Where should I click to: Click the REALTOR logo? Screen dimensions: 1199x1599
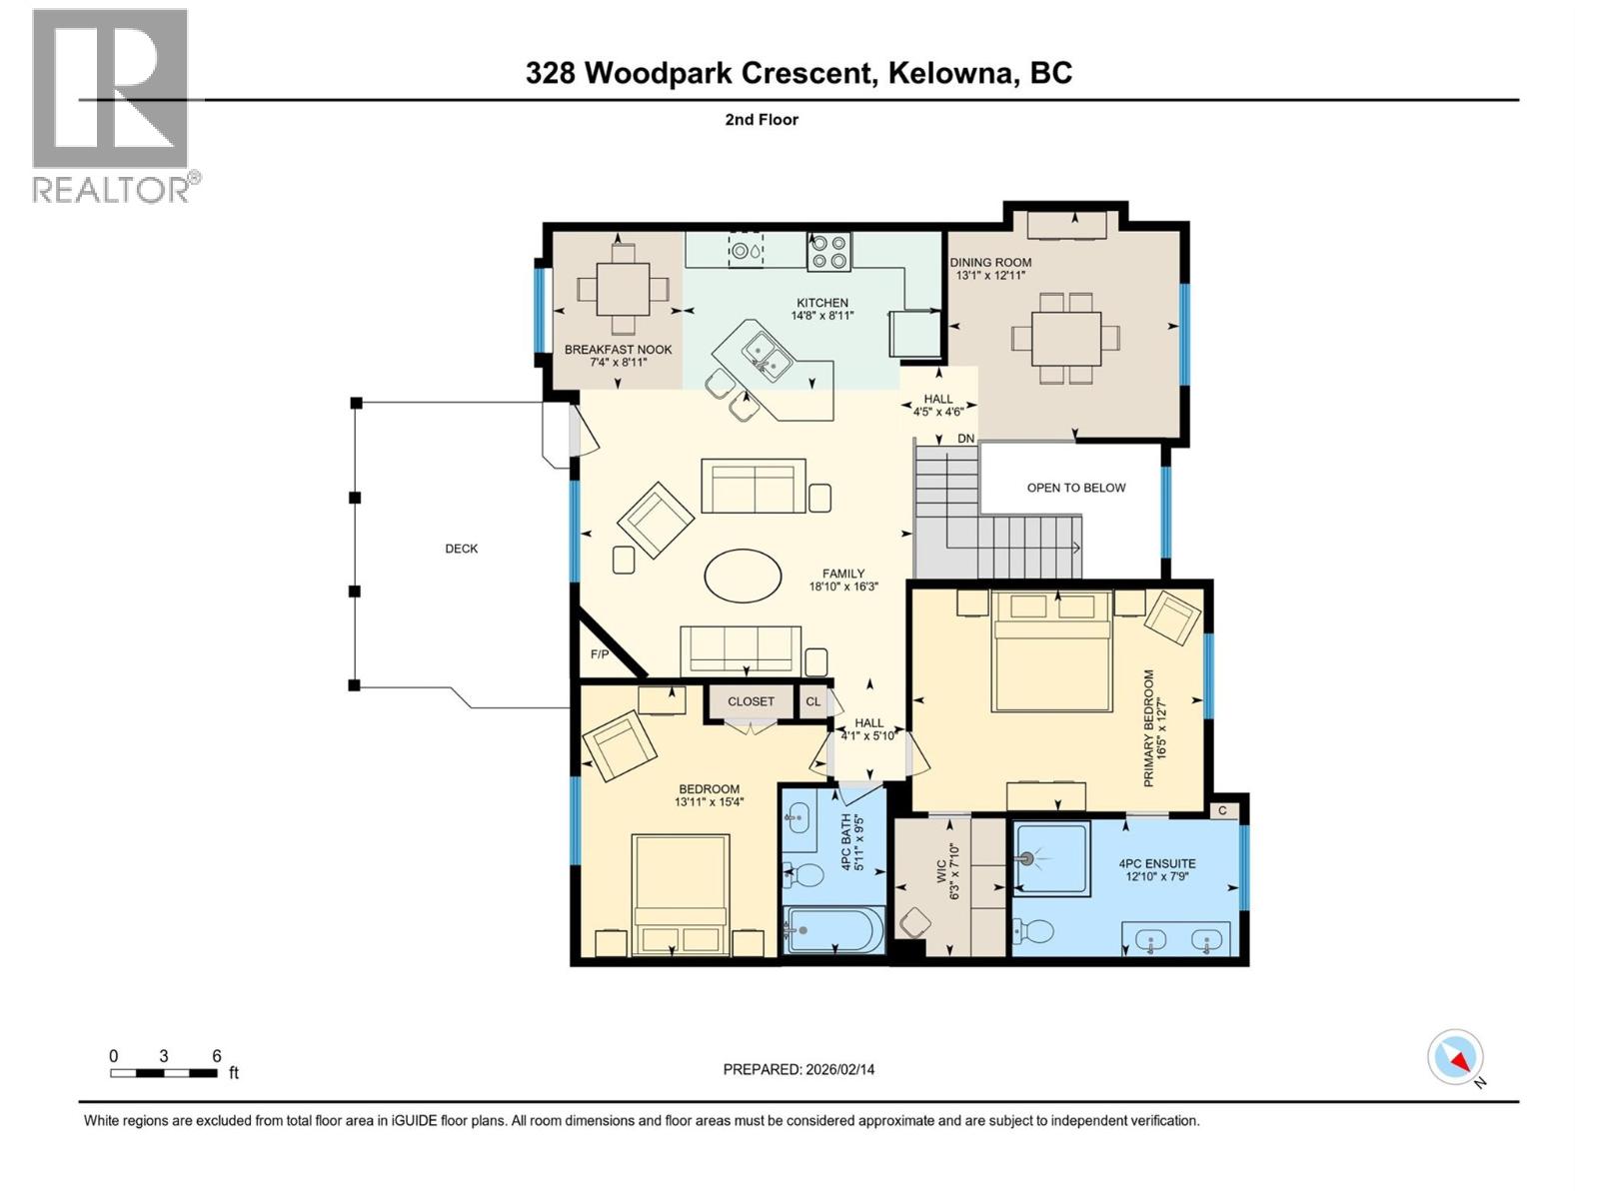(110, 105)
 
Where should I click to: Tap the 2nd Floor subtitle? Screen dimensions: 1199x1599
(762, 120)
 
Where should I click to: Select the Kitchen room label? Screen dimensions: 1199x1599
(821, 303)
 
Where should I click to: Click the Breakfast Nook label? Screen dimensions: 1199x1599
(618, 350)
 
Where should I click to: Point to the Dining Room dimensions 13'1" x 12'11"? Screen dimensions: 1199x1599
(990, 276)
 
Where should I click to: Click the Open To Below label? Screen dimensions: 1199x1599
(1075, 488)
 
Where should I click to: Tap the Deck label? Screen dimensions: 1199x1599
(461, 549)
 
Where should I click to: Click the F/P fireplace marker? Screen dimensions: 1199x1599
(600, 654)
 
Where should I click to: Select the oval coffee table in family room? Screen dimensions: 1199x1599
(743, 576)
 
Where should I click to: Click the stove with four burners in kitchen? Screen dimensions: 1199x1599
(828, 252)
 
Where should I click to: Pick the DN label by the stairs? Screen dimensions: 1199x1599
(965, 439)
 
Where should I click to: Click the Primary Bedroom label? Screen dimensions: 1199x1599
(1148, 727)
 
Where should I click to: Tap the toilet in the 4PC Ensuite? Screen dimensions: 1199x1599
(1034, 932)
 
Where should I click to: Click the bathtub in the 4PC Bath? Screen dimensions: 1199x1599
(833, 931)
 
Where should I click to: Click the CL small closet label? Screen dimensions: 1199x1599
(812, 701)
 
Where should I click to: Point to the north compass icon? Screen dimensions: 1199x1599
(1455, 1057)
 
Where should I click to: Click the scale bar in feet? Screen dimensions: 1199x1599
(164, 1073)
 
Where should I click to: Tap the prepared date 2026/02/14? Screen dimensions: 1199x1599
(799, 1069)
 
